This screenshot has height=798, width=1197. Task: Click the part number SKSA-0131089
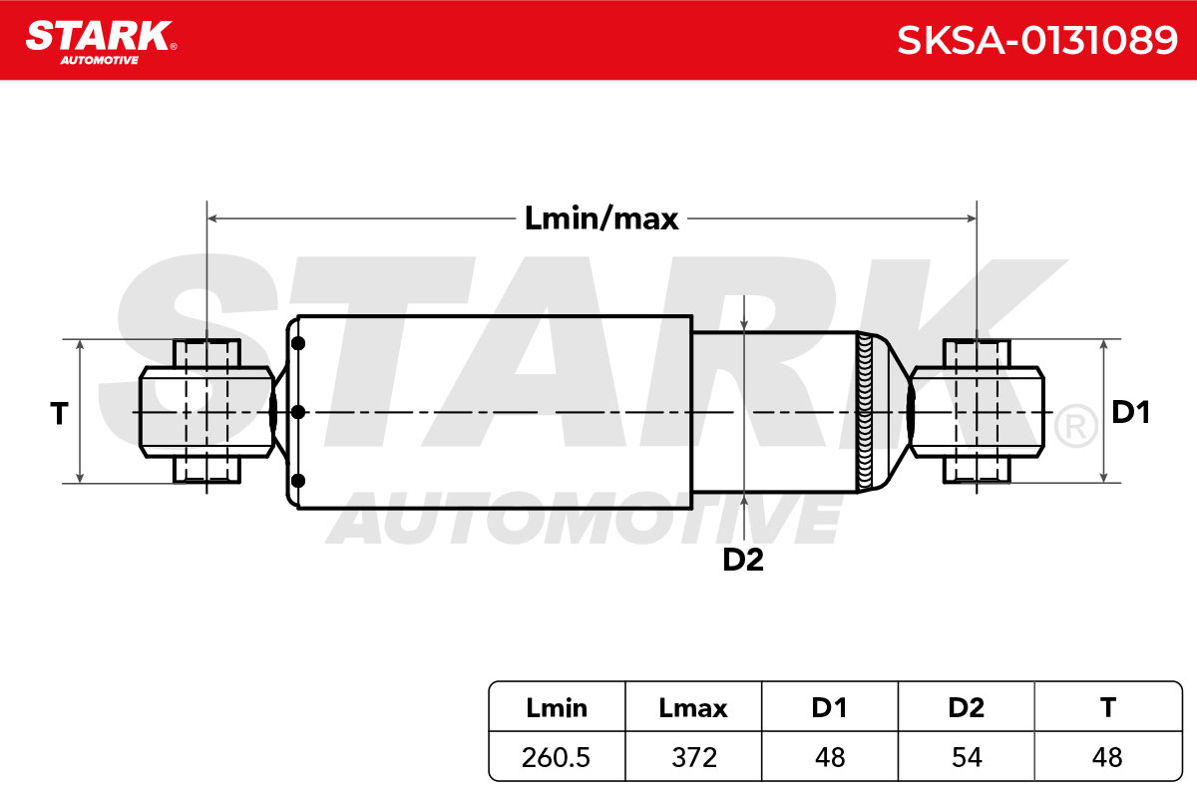(1036, 40)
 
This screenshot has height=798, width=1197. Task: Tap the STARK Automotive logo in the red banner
(101, 43)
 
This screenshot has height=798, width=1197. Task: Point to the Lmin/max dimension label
(601, 218)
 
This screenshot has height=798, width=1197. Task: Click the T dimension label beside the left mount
(59, 413)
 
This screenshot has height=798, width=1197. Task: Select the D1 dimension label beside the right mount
(1130, 412)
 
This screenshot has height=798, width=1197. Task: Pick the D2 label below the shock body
(743, 560)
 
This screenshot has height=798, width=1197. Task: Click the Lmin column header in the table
(557, 707)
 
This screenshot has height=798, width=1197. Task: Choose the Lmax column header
(693, 707)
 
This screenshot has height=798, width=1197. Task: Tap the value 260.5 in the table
(556, 757)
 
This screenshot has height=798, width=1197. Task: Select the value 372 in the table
(693, 757)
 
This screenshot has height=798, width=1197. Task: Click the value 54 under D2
(967, 757)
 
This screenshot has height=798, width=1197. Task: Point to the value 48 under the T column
(1107, 757)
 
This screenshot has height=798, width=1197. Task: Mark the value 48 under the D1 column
(830, 757)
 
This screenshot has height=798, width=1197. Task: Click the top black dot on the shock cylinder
(298, 344)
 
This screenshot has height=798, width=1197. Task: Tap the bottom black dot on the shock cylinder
(298, 481)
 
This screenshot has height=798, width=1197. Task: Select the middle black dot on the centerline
(298, 412)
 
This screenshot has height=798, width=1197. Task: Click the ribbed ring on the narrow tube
(865, 412)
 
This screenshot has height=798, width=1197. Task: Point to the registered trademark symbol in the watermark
(1075, 426)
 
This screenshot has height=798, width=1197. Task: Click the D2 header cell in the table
(967, 706)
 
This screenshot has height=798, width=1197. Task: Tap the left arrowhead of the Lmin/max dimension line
(212, 218)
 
